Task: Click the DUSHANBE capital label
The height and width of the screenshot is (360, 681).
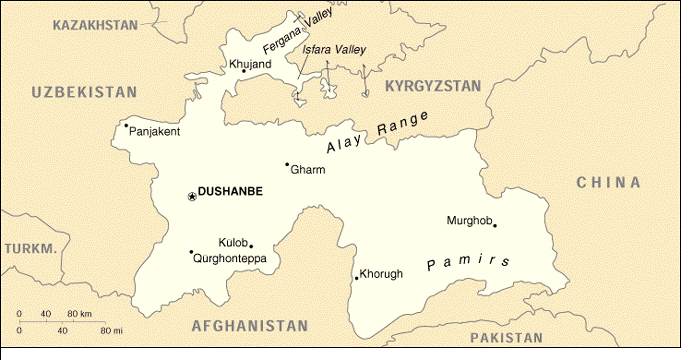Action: (230, 192)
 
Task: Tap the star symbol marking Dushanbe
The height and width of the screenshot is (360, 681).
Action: (191, 197)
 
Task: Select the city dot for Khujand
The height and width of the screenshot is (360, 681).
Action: (243, 71)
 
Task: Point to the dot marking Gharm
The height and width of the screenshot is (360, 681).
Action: (287, 164)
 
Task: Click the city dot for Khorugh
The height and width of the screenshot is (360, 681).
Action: (355, 277)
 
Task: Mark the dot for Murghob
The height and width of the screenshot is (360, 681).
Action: (494, 225)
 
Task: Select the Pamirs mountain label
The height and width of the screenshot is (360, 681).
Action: (461, 263)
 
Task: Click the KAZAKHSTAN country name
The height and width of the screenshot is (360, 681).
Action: (96, 23)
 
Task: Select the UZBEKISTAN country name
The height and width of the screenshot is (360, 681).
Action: (84, 92)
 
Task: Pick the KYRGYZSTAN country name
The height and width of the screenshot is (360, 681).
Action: (433, 86)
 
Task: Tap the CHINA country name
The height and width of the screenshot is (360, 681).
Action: (607, 182)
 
